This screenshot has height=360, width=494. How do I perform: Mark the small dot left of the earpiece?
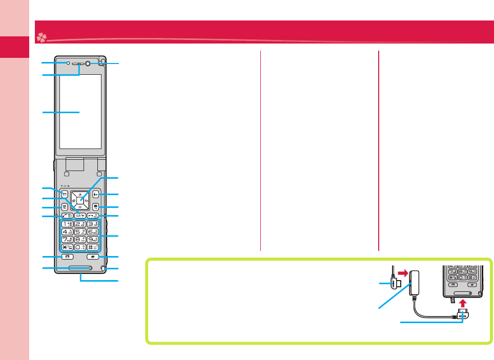(68, 63)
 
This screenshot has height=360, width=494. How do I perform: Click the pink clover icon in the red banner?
(40, 37)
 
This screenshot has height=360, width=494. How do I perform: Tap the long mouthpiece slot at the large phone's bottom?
(80, 267)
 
